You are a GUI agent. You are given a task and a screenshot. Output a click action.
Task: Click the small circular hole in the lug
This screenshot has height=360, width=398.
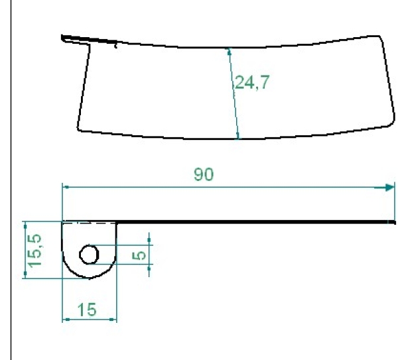click(90, 253)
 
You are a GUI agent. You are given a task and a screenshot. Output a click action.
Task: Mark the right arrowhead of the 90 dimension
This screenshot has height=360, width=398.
click(389, 188)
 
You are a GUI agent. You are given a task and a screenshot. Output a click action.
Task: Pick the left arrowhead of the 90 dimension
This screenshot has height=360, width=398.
click(65, 188)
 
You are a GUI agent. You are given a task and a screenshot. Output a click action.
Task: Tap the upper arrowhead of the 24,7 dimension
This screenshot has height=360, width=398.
click(228, 51)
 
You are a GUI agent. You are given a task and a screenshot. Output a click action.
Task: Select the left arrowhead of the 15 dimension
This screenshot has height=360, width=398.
click(65, 320)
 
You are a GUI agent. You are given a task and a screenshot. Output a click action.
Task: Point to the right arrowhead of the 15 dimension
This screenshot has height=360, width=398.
click(113, 320)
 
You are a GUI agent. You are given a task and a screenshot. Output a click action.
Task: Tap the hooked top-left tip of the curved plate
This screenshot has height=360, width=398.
click(62, 36)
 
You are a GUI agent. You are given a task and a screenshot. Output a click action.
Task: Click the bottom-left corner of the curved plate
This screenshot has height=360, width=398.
click(78, 129)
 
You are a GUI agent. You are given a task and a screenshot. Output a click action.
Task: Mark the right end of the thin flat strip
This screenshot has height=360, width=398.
click(395, 223)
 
